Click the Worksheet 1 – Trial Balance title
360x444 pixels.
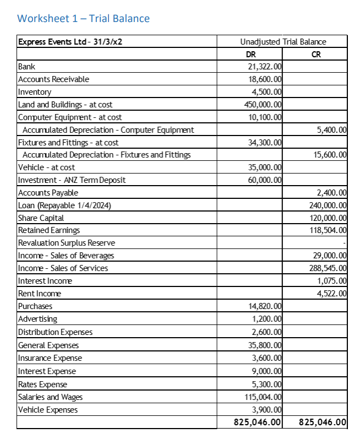point(83,19)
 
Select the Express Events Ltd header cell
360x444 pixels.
point(70,42)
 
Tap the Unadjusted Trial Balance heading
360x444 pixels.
point(283,42)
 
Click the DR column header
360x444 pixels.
point(250,55)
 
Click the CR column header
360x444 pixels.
point(315,55)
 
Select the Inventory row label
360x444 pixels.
point(35,92)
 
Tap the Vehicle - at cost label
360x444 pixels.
point(47,167)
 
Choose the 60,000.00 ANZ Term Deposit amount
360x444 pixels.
point(265,180)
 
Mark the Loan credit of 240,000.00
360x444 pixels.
point(328,205)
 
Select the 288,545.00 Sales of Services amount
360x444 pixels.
point(328,268)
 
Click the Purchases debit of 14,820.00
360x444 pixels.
point(265,306)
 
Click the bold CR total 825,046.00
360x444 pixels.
point(323,423)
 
